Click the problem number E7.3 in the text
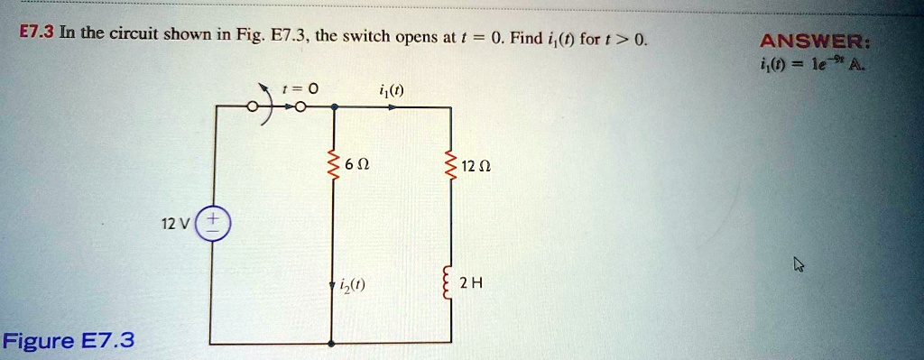point(37,34)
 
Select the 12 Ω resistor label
point(473,166)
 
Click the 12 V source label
point(179,222)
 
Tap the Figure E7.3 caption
point(69,341)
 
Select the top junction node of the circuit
point(335,107)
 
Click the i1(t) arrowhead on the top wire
point(392,107)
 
